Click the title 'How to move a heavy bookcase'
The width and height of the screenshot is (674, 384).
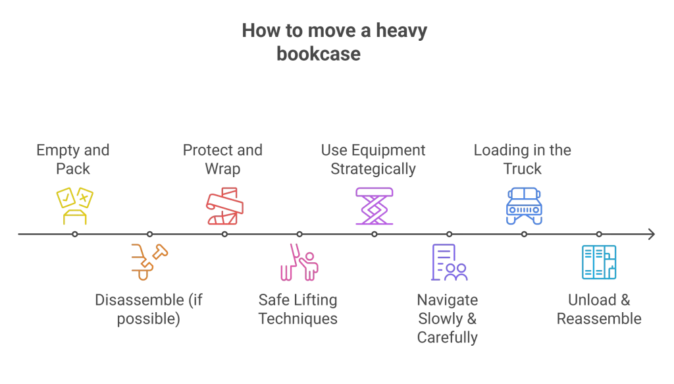[x=334, y=41]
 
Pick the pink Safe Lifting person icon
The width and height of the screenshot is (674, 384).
[x=299, y=261]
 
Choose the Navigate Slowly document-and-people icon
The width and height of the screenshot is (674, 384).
[x=449, y=262]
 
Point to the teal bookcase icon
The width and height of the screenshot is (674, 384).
[x=599, y=262]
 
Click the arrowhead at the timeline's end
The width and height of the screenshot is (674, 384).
[x=651, y=234]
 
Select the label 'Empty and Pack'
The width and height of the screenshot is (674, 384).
[x=72, y=159]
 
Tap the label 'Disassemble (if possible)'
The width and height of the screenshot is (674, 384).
[x=149, y=310]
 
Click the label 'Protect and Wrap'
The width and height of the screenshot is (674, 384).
[x=222, y=159]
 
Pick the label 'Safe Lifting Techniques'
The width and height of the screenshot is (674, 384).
[x=298, y=310]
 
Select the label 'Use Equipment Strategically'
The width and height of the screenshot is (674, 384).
[x=373, y=159]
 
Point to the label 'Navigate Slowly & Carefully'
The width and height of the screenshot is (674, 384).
[x=448, y=319]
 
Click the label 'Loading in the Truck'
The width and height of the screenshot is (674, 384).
[x=522, y=159]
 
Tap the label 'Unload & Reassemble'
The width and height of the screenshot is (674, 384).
[x=599, y=310]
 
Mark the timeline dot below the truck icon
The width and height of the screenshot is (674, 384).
[x=524, y=234]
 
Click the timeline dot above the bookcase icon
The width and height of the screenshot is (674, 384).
[x=599, y=234]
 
